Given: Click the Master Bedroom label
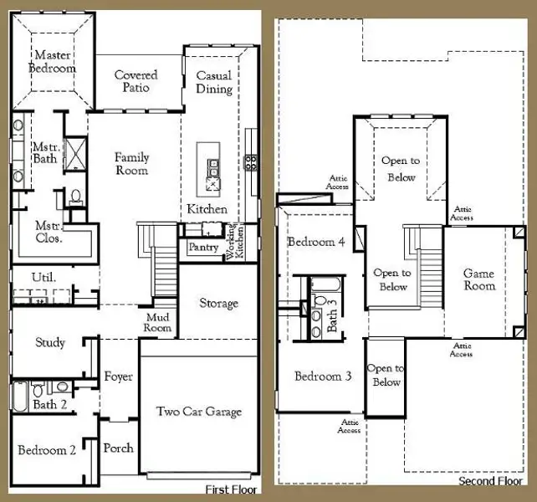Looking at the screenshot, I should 54,62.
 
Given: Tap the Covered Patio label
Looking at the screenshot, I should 136,81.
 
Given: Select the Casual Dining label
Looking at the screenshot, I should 214,82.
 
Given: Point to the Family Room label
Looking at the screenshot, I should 131,164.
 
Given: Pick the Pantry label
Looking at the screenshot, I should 203,248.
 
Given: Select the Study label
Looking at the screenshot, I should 50,342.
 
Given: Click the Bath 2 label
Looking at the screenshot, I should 51,405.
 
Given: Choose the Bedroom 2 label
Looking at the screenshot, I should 47,450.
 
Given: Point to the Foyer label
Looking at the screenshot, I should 118,376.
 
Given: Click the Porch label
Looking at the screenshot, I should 118,448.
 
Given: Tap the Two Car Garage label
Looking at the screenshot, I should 199,411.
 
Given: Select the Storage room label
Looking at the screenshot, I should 218,303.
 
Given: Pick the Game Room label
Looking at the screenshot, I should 478,279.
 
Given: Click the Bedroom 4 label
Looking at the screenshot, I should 316,242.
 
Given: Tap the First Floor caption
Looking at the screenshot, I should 232,490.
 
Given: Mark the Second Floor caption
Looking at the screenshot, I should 491,482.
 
